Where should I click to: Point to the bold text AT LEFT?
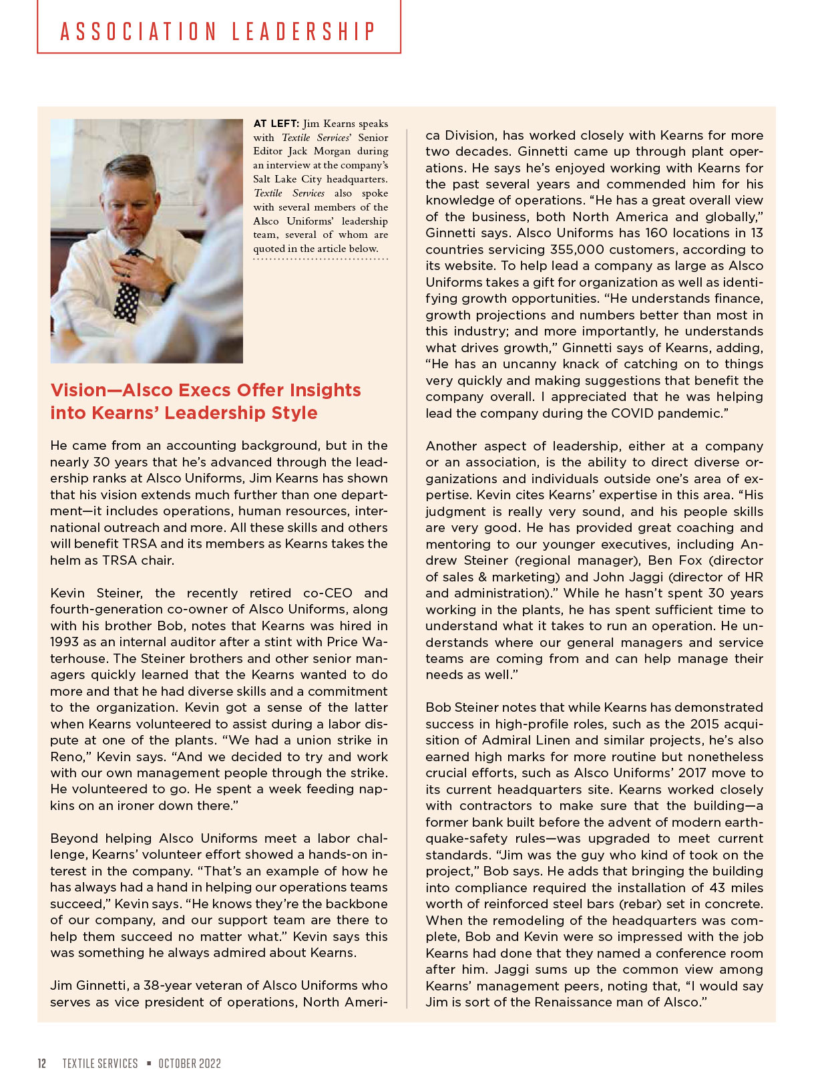point(276,124)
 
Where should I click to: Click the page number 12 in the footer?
point(42,1063)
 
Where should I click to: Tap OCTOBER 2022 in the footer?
point(190,1063)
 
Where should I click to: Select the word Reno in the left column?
point(67,757)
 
